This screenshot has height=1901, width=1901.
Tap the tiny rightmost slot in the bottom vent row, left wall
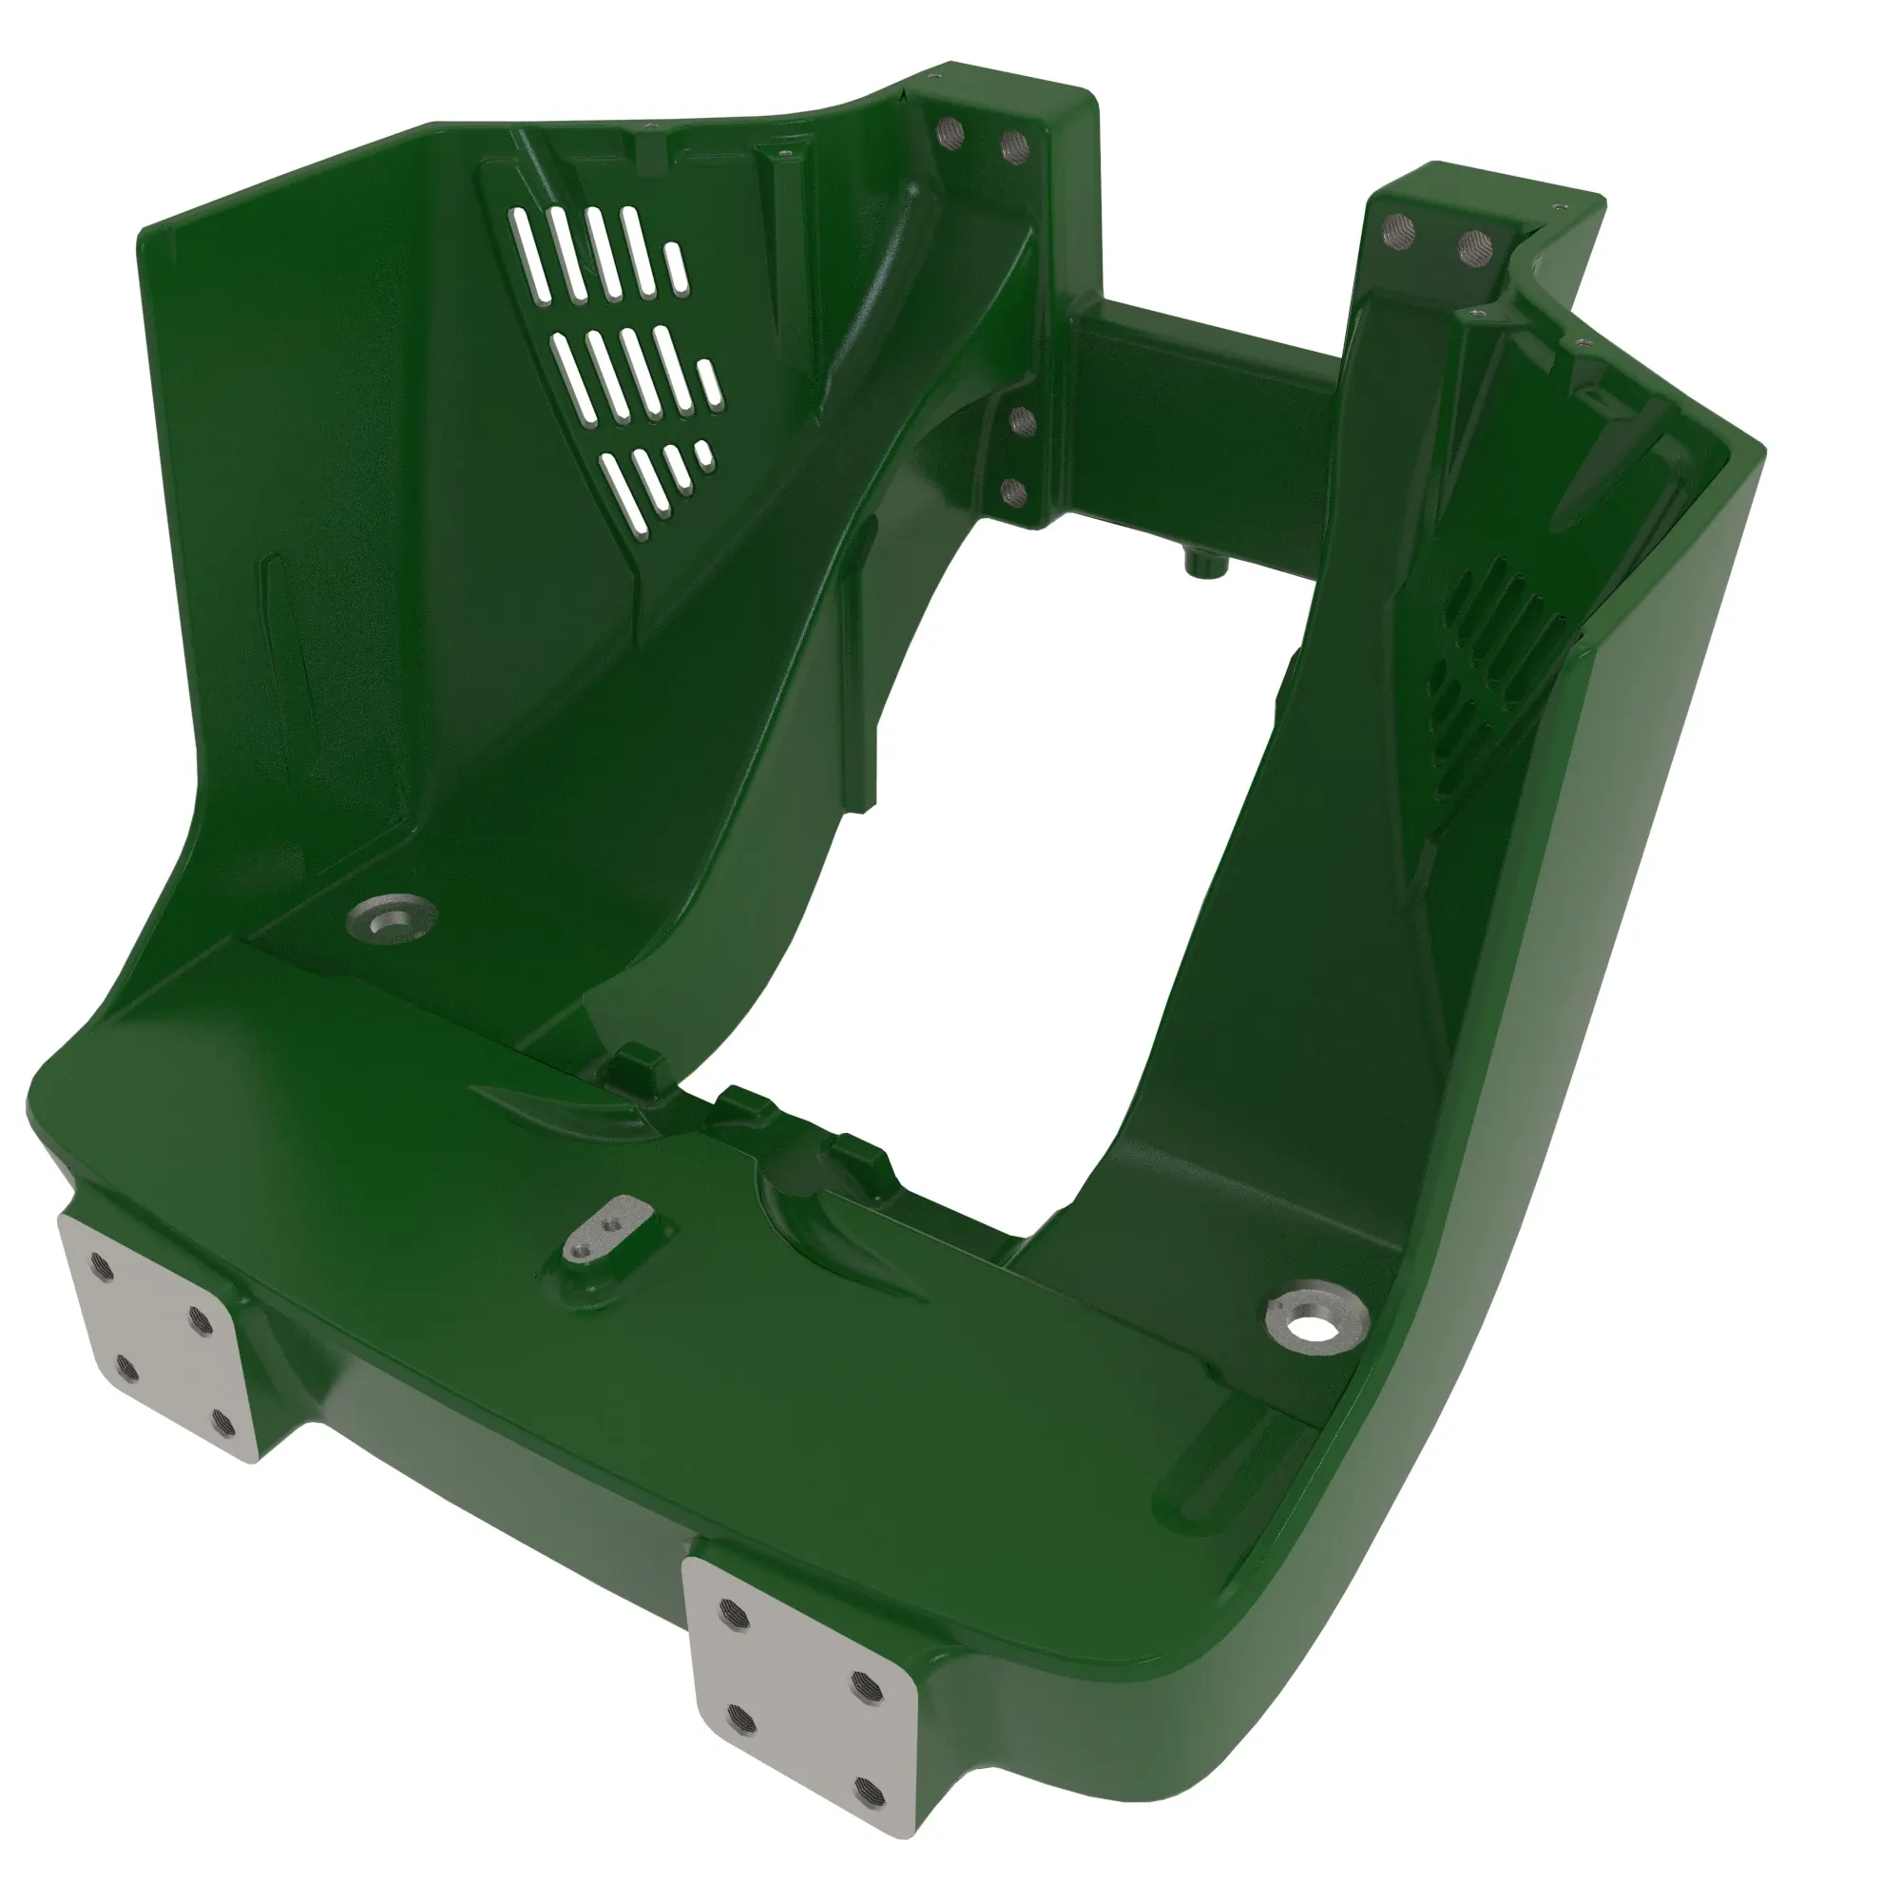pyautogui.click(x=704, y=451)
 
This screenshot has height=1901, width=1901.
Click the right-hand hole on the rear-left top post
pyautogui.click(x=1013, y=144)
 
